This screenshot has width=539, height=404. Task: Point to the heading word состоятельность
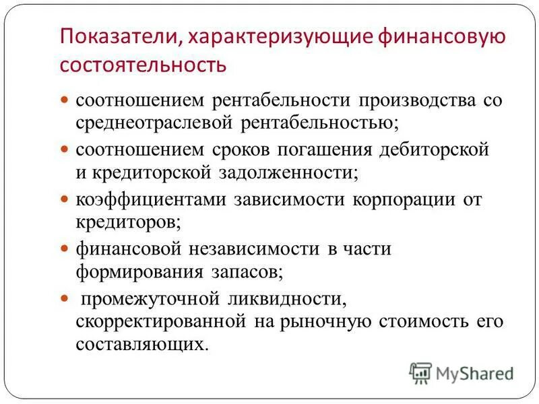(x=143, y=66)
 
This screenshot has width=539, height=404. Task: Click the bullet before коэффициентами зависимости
(x=65, y=199)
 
